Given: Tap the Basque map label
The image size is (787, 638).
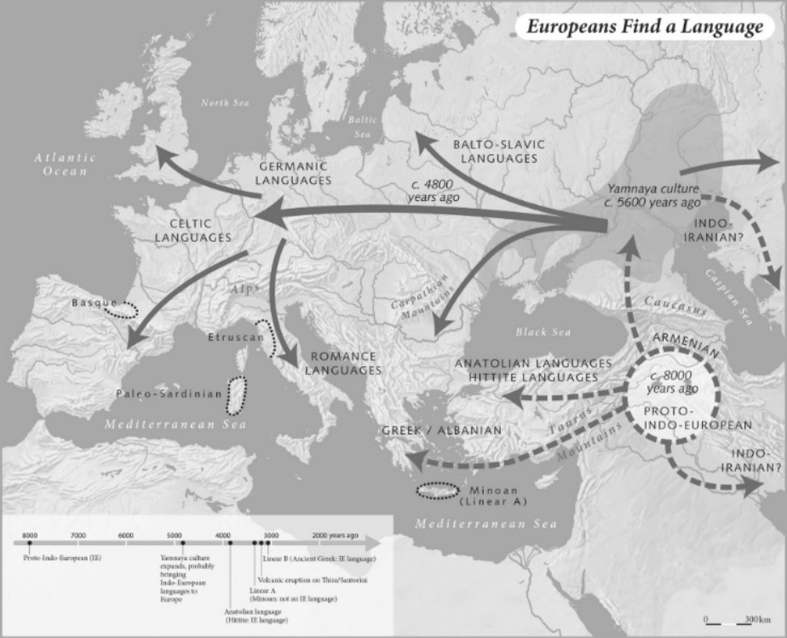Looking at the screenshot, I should tap(94, 302).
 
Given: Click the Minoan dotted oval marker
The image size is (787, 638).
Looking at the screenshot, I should tap(438, 491).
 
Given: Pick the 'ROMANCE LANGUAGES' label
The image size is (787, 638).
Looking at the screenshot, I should tap(342, 363).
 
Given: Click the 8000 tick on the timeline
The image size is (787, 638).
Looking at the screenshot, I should tap(30, 542).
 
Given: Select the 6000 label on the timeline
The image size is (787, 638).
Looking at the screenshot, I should tap(126, 534).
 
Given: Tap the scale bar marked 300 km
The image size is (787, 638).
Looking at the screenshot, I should tap(732, 620).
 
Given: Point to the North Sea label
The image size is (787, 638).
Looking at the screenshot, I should tap(225, 103).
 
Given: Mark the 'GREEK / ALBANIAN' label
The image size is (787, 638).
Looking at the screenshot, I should tap(442, 430).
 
